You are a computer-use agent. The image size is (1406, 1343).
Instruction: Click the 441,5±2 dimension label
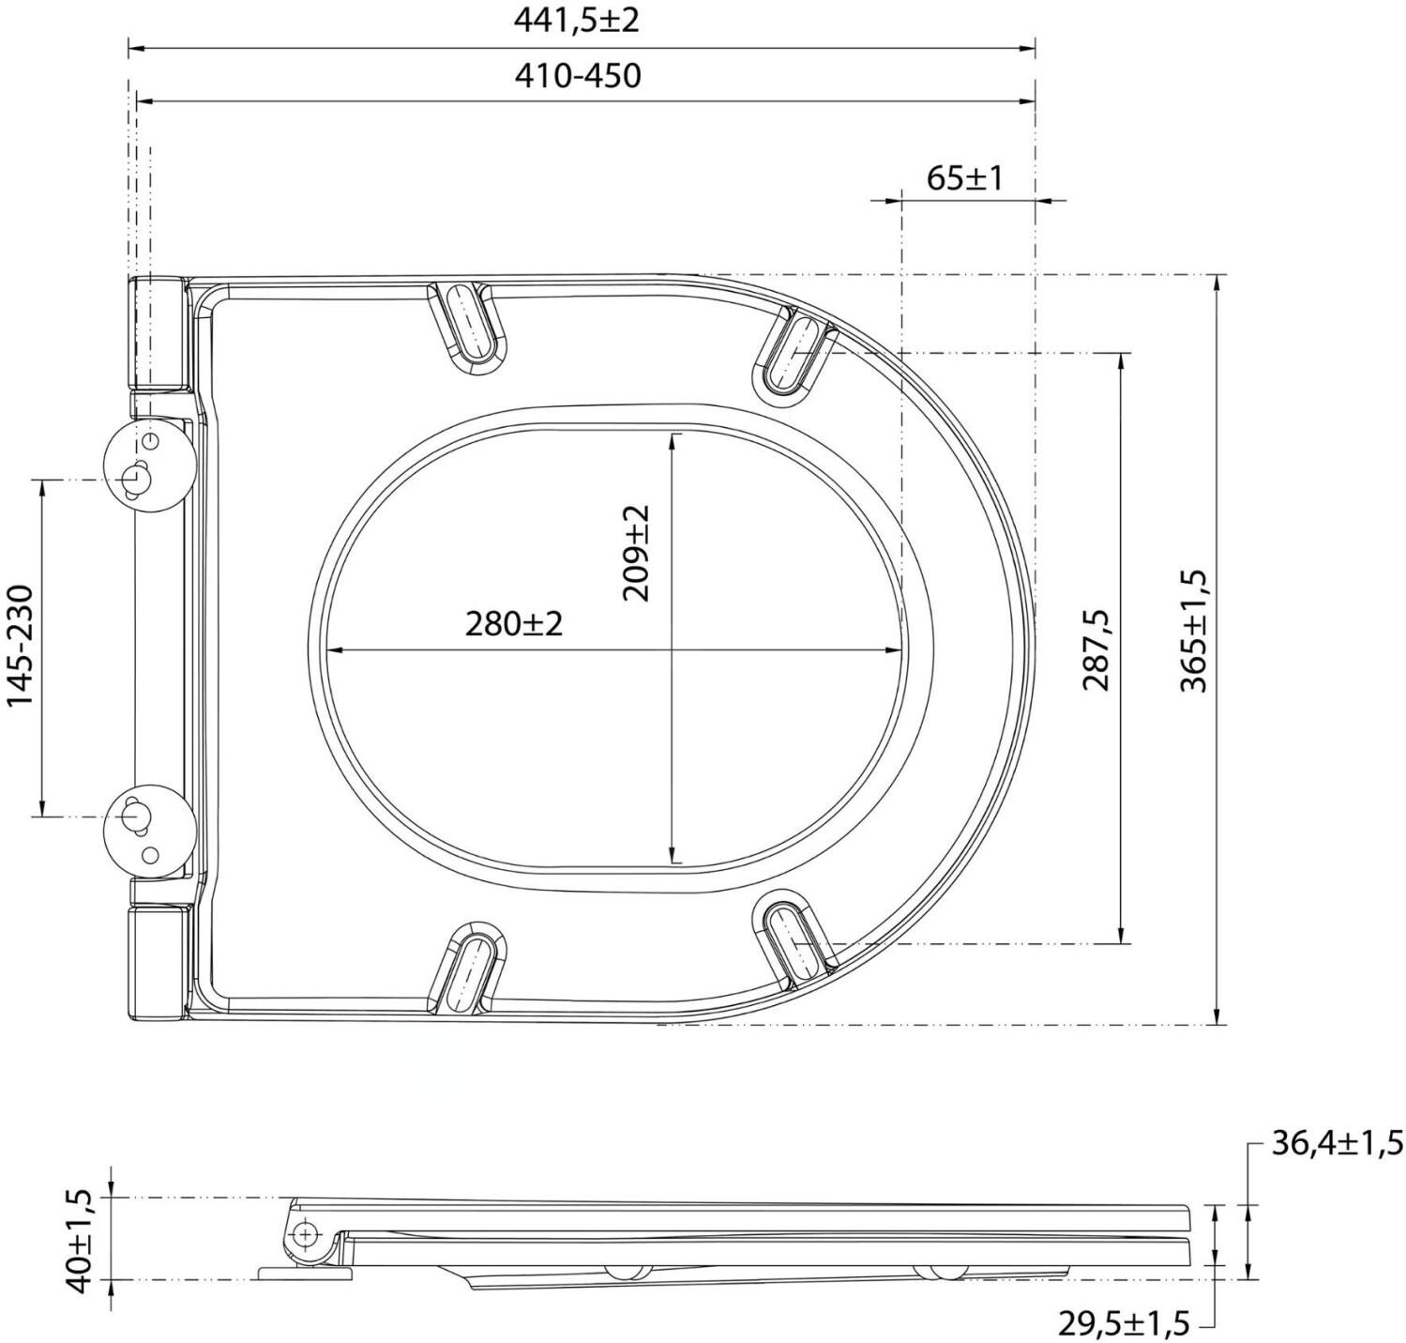(576, 21)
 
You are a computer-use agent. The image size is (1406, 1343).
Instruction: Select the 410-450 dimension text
(578, 76)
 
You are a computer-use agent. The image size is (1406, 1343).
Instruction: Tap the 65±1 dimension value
(965, 178)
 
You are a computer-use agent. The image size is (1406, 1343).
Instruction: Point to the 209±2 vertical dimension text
(635, 553)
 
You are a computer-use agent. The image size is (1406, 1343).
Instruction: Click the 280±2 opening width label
(514, 624)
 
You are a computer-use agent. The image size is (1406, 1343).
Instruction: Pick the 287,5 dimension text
(1095, 649)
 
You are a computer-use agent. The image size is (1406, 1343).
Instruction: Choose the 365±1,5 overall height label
(1194, 631)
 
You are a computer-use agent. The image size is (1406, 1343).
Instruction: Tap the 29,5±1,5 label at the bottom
(1124, 1323)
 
